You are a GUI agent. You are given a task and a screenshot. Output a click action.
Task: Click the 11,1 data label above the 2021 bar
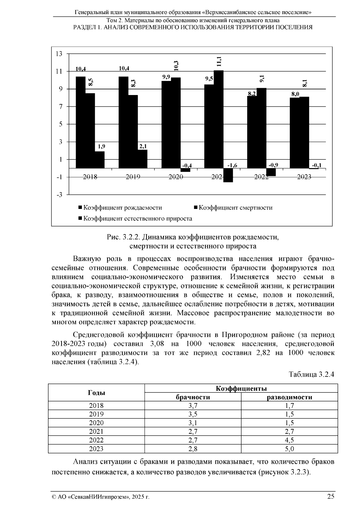(x=219, y=61)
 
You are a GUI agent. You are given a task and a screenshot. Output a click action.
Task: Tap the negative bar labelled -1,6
(x=228, y=175)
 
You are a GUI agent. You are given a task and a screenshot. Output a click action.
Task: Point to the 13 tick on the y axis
(x=59, y=54)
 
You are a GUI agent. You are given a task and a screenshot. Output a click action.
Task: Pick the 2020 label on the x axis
(x=176, y=177)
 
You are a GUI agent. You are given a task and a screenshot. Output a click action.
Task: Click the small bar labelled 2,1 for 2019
(x=142, y=159)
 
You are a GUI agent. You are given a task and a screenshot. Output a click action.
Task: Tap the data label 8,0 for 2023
(x=295, y=94)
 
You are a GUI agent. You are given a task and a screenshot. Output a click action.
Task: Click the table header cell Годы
(x=96, y=393)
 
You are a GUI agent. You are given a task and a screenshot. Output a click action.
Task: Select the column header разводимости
(x=289, y=397)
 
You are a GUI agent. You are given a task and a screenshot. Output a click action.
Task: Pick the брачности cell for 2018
(x=193, y=406)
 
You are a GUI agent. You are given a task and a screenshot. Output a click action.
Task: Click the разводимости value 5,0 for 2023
(x=289, y=449)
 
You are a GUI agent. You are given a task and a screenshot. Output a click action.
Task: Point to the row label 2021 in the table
(x=96, y=432)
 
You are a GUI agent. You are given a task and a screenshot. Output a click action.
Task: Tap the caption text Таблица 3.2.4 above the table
(x=311, y=375)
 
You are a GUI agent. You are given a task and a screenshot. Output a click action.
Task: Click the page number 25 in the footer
(x=331, y=496)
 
